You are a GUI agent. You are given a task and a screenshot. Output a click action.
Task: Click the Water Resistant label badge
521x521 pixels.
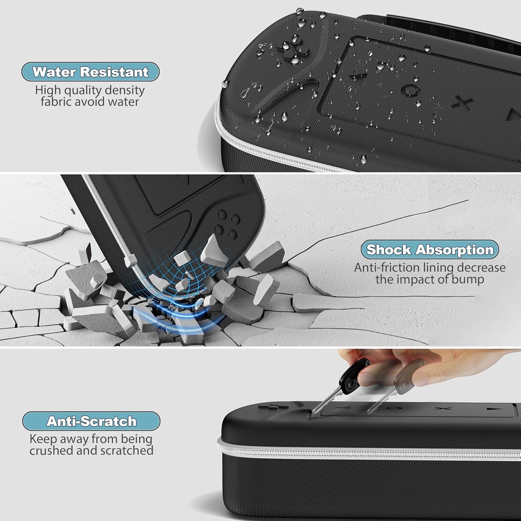[91, 72]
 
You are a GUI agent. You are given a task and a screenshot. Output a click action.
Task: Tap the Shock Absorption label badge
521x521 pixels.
[430, 250]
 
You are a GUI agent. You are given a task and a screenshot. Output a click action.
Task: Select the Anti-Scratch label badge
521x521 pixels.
[91, 421]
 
